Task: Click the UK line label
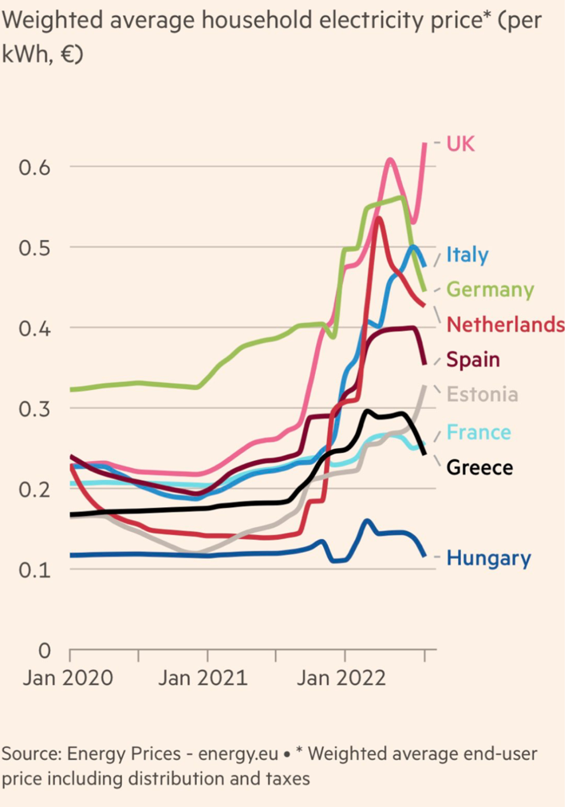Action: click(x=460, y=144)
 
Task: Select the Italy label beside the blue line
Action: click(x=467, y=255)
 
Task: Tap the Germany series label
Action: click(x=490, y=289)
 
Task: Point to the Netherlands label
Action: click(x=505, y=325)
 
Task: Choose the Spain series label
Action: click(x=472, y=360)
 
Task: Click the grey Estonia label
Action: click(x=482, y=395)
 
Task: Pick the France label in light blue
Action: click(x=479, y=432)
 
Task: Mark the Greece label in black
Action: click(x=479, y=467)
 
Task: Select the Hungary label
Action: click(x=488, y=558)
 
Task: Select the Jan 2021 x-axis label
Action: click(x=206, y=680)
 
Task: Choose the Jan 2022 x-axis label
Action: click(x=344, y=680)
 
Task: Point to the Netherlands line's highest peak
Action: click(x=379, y=218)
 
